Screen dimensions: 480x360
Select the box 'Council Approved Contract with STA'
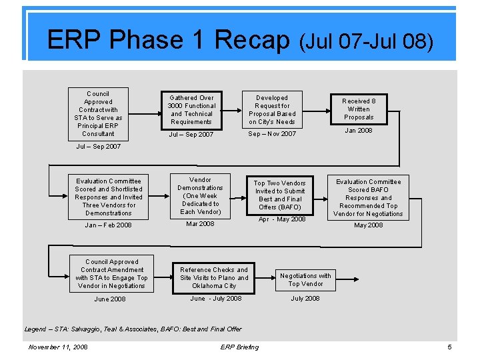[x=98, y=113]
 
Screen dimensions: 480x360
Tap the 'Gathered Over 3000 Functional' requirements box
[x=191, y=109]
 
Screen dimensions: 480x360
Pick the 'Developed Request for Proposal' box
[x=272, y=109]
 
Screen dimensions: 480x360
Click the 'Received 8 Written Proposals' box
[x=359, y=109]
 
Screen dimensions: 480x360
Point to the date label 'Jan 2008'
[x=359, y=131]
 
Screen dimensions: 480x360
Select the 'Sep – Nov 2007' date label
[x=272, y=134]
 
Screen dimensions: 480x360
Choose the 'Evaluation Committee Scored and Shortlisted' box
[x=109, y=197]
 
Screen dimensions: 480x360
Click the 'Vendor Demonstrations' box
[x=200, y=196]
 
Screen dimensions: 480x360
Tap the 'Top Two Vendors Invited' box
[x=280, y=195]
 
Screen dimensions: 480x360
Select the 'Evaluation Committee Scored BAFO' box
[x=369, y=197]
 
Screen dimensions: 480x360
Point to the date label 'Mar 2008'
[x=200, y=224]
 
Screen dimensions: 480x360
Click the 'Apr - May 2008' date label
[x=282, y=219]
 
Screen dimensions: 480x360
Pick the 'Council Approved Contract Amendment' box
[x=111, y=273]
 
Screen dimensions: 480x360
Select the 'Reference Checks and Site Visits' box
[x=214, y=277]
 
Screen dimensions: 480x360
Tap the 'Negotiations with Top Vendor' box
[x=305, y=279]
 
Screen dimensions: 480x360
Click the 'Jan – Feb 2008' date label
[x=109, y=225]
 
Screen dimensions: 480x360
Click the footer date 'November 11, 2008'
[x=58, y=347]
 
